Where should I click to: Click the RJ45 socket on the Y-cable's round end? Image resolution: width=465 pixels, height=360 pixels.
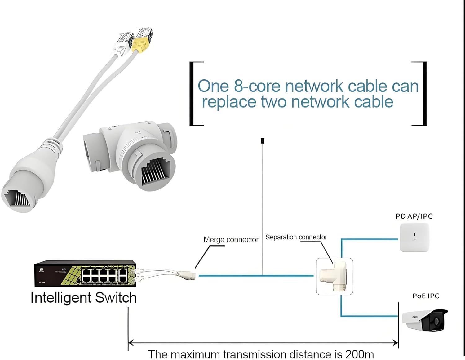(x=17, y=198)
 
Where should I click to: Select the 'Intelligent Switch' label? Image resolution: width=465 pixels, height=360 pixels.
(x=83, y=298)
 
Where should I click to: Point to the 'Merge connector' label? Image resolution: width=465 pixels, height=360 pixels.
(x=231, y=240)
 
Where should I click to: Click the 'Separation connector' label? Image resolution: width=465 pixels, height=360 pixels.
(x=296, y=237)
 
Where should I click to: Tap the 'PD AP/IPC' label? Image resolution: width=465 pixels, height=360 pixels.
(x=414, y=216)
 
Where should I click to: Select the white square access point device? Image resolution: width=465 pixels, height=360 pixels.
(x=414, y=237)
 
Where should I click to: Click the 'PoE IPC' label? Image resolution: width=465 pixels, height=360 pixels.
(x=426, y=296)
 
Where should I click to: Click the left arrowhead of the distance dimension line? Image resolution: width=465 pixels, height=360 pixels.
(x=131, y=343)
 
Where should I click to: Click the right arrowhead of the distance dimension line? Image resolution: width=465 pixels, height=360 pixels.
(x=396, y=343)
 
